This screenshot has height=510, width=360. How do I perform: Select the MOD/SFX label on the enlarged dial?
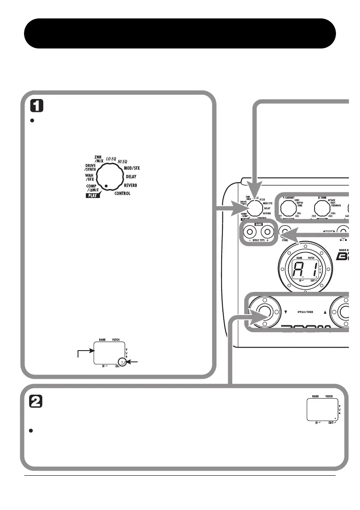(x=135, y=168)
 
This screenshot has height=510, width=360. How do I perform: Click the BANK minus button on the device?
(x=249, y=231)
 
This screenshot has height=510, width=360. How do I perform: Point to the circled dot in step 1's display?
(x=123, y=363)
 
